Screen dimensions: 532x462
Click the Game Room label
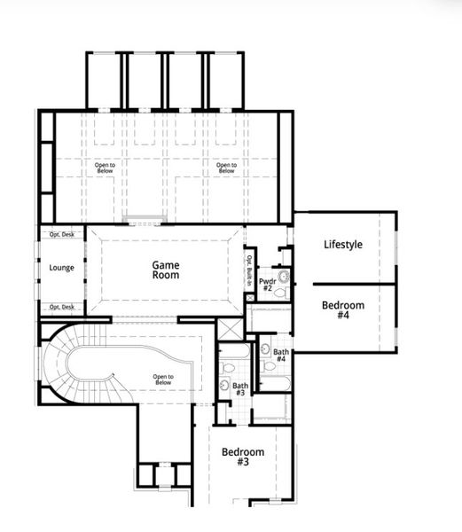tap(165, 270)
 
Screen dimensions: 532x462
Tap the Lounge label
tap(61, 268)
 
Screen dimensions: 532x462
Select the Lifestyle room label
tap(344, 245)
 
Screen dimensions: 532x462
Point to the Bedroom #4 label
tap(343, 310)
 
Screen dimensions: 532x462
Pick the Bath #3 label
tap(240, 388)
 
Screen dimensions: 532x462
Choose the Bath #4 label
tap(280, 355)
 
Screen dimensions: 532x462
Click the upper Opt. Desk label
tap(61, 234)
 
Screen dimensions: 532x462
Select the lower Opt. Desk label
tap(61, 307)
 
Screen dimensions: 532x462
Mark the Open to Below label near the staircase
tap(162, 379)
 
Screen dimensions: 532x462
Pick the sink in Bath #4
tap(267, 348)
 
